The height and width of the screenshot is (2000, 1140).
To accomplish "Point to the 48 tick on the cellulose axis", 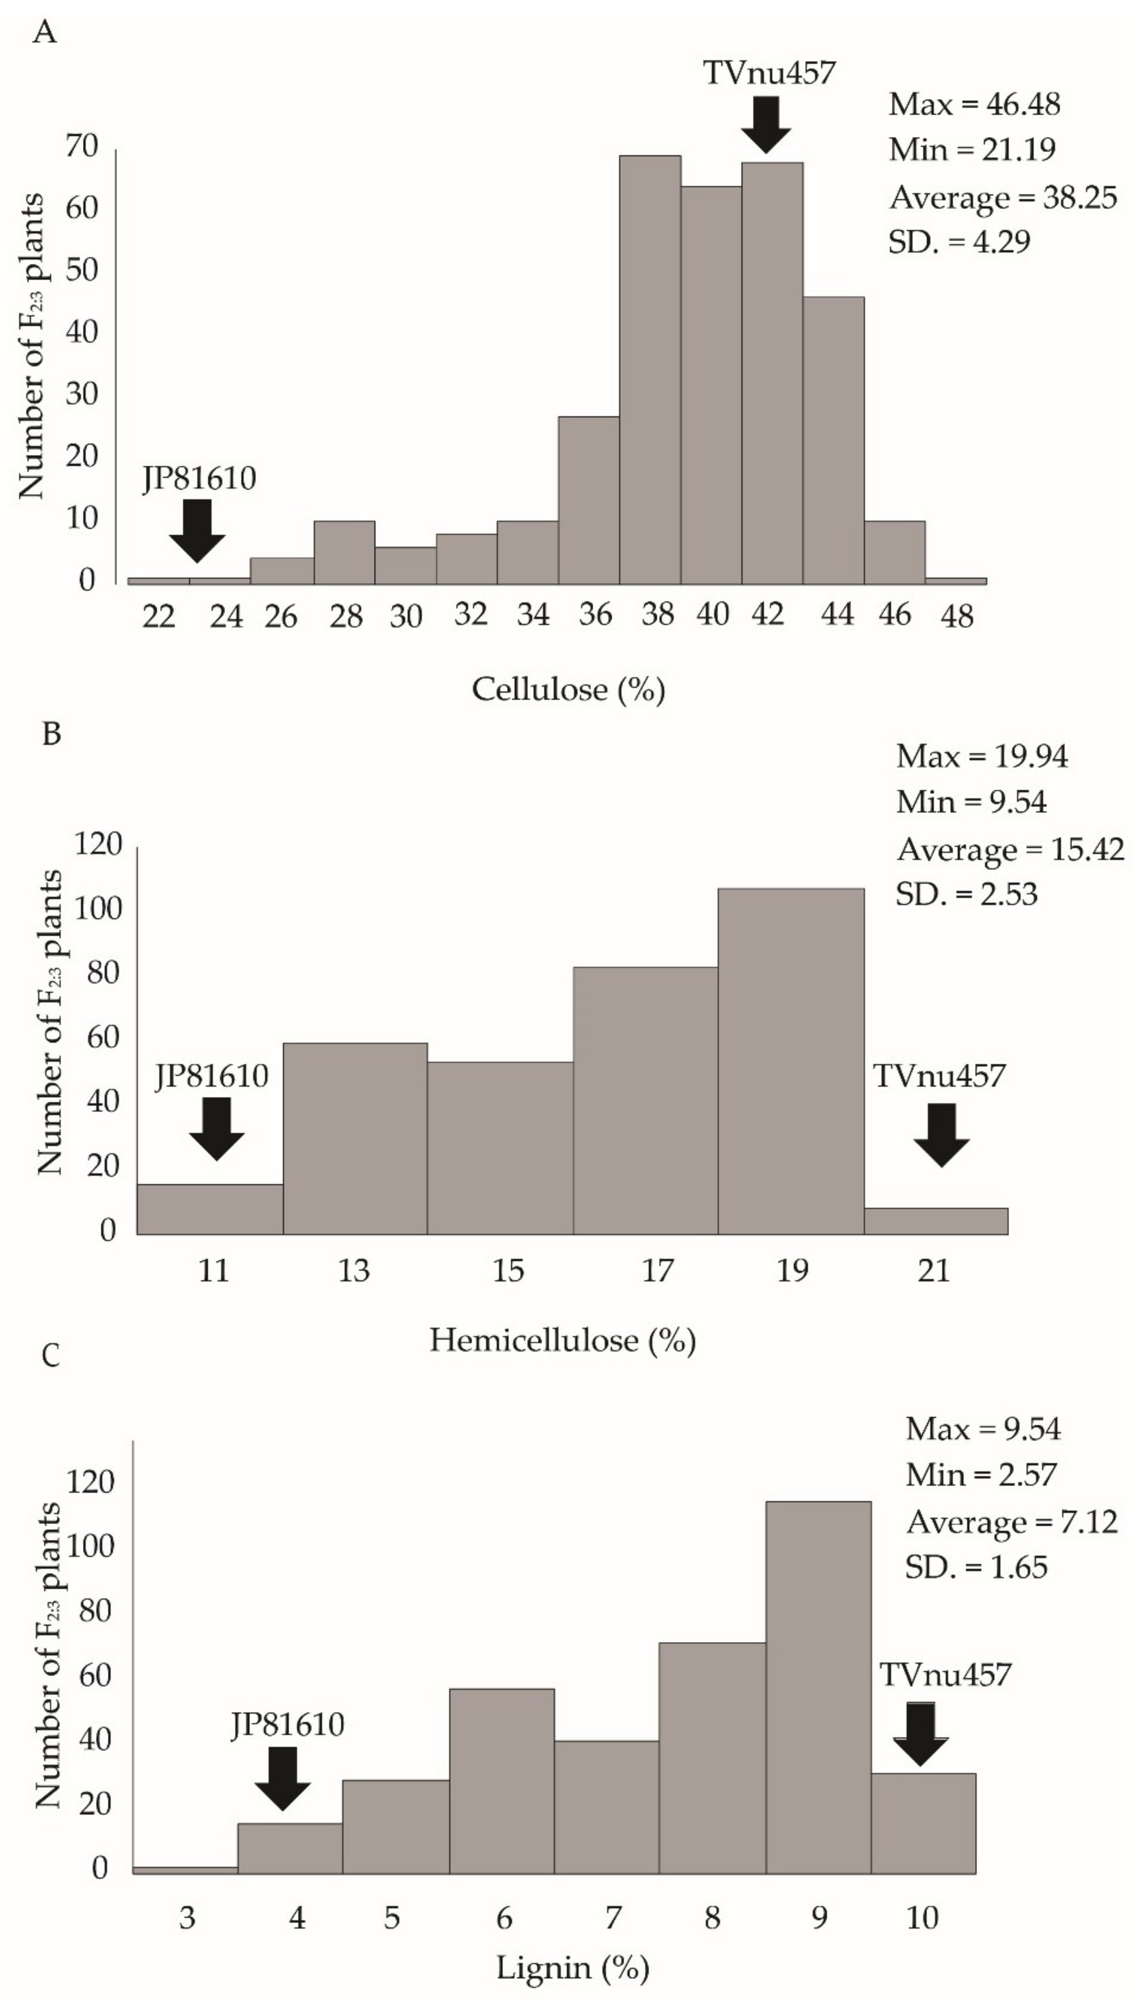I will [957, 617].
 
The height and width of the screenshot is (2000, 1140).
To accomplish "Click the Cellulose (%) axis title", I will [568, 689].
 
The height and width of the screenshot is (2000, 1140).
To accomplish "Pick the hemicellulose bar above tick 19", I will [791, 1061].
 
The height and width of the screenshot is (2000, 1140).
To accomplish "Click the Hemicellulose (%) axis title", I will [562, 1340].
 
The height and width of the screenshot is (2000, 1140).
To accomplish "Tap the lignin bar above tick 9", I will [818, 1687].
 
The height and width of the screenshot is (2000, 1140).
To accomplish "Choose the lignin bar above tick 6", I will [502, 1781].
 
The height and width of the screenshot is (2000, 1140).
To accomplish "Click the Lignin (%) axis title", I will [572, 1967].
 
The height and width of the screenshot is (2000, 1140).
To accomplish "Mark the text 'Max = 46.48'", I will [974, 104].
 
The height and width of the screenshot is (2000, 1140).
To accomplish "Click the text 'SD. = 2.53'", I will [966, 893].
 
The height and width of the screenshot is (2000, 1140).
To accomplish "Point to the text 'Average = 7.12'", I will [1012, 1522].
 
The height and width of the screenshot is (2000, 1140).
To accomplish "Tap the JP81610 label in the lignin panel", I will [288, 1724].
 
